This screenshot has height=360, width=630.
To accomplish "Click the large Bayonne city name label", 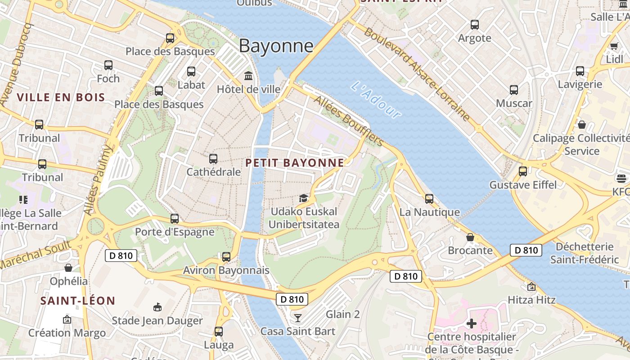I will [x=276, y=46].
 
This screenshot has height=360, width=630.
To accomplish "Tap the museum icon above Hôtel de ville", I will [x=248, y=76].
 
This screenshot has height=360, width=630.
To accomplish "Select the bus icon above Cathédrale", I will [x=213, y=159].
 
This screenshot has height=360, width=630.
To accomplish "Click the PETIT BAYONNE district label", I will [x=295, y=163].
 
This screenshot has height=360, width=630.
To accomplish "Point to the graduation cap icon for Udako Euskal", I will [x=304, y=198].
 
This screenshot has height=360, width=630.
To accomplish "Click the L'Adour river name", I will [x=376, y=100].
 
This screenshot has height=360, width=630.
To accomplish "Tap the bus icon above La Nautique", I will [x=429, y=198].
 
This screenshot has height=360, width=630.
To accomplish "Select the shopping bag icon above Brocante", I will [x=470, y=237].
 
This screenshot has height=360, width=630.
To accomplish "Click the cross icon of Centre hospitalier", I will [x=471, y=323].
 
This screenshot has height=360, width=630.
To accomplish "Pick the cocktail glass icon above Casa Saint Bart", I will [x=297, y=318].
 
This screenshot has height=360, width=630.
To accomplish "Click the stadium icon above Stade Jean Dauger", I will [x=157, y=307].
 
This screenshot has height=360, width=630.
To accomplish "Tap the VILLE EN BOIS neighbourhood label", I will [x=61, y=97].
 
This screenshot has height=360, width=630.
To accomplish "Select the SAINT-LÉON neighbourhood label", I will [x=77, y=301].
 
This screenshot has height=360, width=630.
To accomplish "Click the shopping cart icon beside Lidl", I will [x=614, y=45].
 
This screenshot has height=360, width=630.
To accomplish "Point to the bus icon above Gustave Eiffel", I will [x=523, y=171].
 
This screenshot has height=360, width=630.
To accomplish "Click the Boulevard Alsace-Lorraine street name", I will [x=417, y=74].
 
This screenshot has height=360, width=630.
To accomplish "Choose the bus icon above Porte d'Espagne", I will [x=175, y=219].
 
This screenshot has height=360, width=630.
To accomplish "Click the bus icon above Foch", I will [x=108, y=65].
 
